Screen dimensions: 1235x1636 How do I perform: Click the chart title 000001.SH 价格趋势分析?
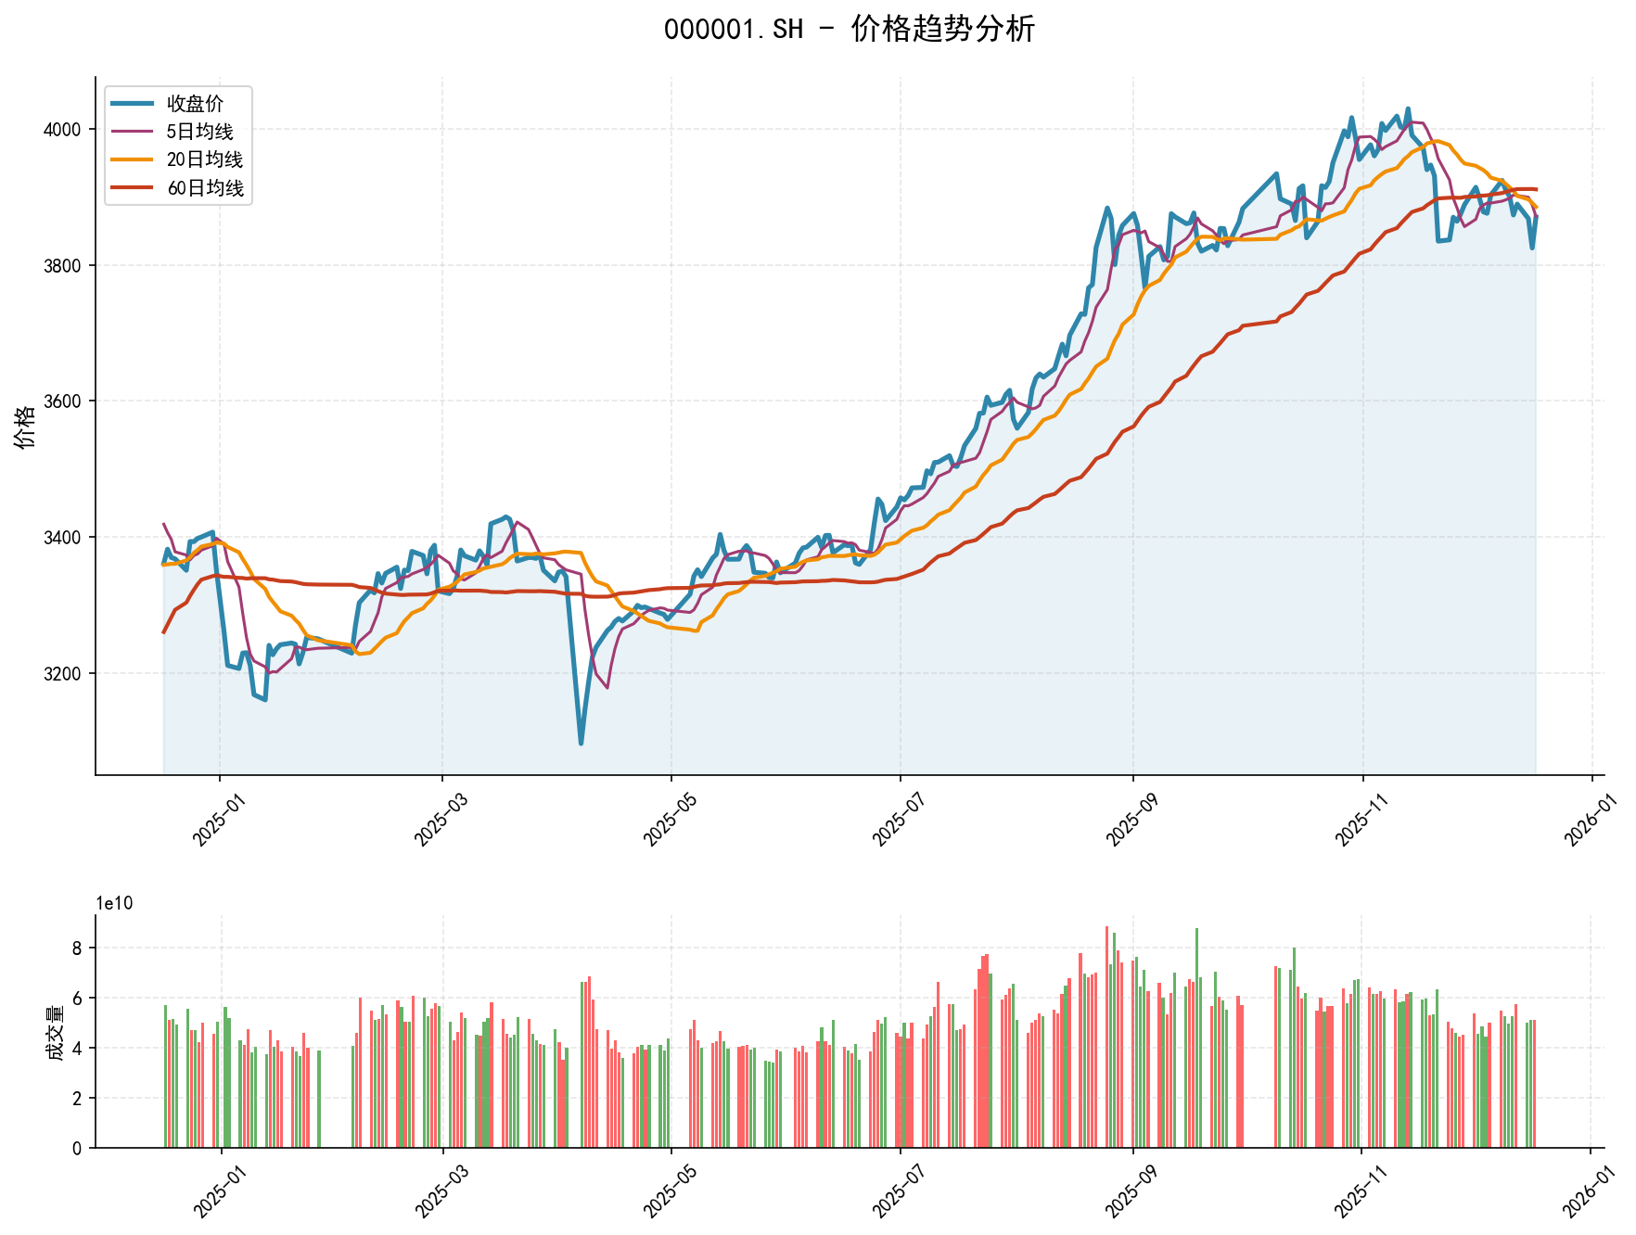(x=849, y=30)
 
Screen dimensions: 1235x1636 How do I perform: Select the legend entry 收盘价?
(x=195, y=104)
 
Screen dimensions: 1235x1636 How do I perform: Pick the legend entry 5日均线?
(x=199, y=132)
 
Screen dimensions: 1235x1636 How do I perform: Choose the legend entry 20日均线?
(x=204, y=159)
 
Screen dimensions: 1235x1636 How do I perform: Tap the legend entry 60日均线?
(x=205, y=188)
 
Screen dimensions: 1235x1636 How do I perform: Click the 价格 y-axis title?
(x=26, y=427)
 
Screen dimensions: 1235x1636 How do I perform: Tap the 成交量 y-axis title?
(x=56, y=1032)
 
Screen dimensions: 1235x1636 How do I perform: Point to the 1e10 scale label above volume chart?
(x=114, y=904)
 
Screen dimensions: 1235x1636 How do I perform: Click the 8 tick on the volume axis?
(x=78, y=948)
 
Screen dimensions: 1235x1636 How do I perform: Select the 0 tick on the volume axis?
(x=78, y=1148)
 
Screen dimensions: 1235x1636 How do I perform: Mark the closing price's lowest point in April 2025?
(x=581, y=744)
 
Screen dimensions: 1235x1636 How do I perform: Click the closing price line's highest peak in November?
(x=1408, y=108)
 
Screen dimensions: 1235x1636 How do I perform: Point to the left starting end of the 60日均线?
(x=164, y=632)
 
